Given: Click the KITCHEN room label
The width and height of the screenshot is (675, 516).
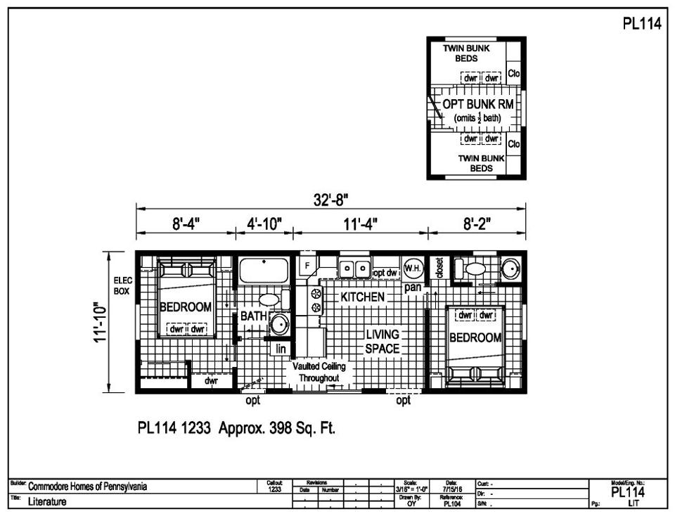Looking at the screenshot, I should pyautogui.click(x=362, y=297).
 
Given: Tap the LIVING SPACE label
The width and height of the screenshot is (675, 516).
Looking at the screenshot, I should pyautogui.click(x=382, y=341).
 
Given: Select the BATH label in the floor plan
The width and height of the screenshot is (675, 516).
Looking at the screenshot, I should pyautogui.click(x=253, y=316).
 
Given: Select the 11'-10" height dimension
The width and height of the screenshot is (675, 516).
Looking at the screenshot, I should pyautogui.click(x=103, y=322).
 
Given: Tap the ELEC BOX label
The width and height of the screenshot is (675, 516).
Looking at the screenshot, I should pyautogui.click(x=122, y=285).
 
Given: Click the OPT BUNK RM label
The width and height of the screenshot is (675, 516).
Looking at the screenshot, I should pyautogui.click(x=477, y=104).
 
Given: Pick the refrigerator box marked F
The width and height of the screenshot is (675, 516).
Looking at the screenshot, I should pyautogui.click(x=307, y=265).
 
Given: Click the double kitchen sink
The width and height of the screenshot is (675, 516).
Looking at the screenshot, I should pyautogui.click(x=354, y=268).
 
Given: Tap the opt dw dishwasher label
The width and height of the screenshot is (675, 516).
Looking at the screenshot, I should pyautogui.click(x=386, y=272).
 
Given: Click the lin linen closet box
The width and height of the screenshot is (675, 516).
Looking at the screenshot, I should pyautogui.click(x=281, y=349).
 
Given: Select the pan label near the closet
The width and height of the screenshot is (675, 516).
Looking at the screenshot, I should pyautogui.click(x=413, y=288).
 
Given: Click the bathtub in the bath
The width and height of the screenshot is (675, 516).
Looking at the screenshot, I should pyautogui.click(x=264, y=270).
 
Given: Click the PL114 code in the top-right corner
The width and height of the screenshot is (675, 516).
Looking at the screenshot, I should pyautogui.click(x=641, y=23).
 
